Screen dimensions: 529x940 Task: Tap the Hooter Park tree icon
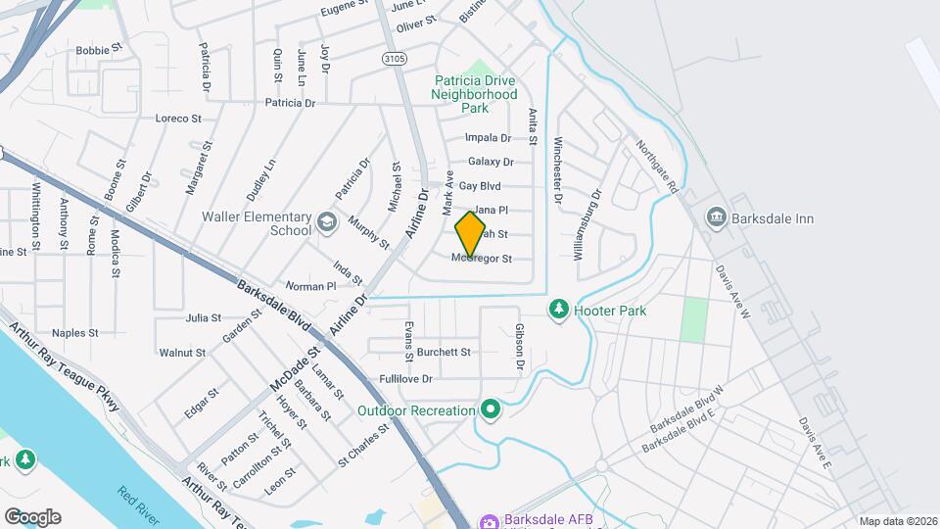click(x=559, y=310)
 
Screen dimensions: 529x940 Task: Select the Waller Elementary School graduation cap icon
click(x=326, y=222)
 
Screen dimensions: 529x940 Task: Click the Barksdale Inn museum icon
click(x=716, y=216)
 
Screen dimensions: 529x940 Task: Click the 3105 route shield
click(x=394, y=59)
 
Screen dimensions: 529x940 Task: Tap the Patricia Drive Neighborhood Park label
click(x=475, y=94)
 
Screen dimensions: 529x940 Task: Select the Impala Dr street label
click(x=489, y=138)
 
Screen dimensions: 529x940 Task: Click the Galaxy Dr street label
click(x=491, y=162)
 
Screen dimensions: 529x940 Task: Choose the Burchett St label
click(x=444, y=352)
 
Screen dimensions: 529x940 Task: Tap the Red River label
click(x=138, y=505)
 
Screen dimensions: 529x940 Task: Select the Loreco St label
click(x=178, y=119)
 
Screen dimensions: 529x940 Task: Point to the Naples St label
click(x=75, y=333)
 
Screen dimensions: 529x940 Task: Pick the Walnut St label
click(x=182, y=353)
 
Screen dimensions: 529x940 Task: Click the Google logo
click(x=32, y=516)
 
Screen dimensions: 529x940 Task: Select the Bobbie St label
click(x=99, y=47)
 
